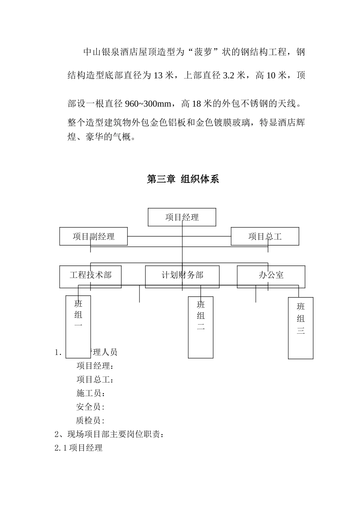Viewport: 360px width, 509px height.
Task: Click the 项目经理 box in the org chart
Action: (182, 217)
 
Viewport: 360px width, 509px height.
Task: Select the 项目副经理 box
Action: (94, 236)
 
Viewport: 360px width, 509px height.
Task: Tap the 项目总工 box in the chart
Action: (265, 236)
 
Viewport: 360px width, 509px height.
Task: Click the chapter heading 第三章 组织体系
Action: (183, 179)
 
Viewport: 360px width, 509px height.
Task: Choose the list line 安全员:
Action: (90, 407)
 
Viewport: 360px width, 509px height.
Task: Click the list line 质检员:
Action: (90, 420)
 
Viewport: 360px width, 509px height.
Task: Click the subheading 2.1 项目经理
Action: (79, 448)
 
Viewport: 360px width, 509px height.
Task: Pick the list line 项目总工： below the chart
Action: (95, 379)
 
